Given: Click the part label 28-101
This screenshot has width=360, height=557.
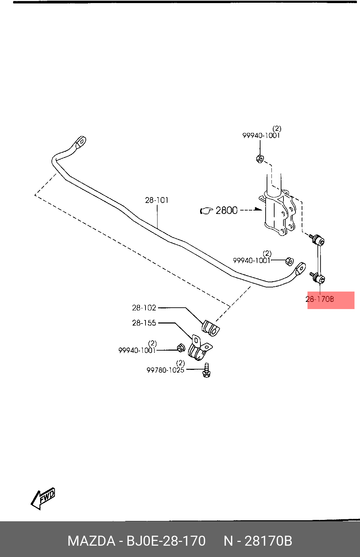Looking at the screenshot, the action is point(156,200).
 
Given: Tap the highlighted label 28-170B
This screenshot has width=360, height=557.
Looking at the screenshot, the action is point(320,299).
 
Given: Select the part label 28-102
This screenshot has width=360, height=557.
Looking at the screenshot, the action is point(144,308).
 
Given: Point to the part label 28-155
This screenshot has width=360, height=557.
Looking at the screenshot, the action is point(144,323).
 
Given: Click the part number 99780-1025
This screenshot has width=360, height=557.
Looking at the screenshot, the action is point(165,370).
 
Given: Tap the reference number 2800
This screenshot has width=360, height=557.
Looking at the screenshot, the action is point(227,211).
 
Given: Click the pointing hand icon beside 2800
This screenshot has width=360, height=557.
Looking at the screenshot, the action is point(207,211).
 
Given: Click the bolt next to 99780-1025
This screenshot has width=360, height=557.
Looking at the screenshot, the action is point(206,370).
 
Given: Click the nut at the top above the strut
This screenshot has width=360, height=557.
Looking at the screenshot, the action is point(260,158).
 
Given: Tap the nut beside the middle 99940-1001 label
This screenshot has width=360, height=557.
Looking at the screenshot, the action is point(290,261).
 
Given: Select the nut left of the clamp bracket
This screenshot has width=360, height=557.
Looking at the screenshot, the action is point(181,348).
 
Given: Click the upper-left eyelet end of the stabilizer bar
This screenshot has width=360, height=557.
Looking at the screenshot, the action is point(80,142).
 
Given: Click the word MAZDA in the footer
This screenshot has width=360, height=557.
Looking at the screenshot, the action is point(91,541).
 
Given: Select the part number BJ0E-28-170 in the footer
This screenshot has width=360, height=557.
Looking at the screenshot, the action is point(166,541).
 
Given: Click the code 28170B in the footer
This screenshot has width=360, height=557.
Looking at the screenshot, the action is point(268,541).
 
